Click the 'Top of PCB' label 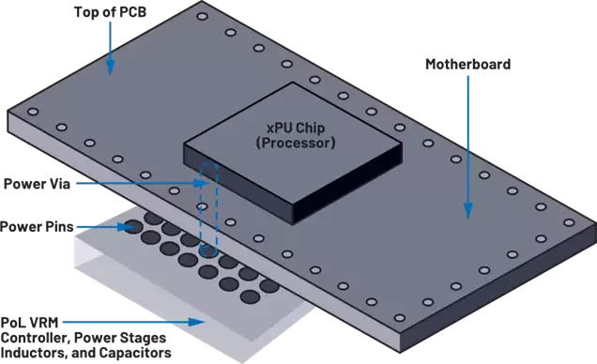coord(110,12)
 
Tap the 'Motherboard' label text coord(467,65)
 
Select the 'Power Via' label coord(37,184)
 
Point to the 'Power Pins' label coord(37,227)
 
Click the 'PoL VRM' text coord(29,323)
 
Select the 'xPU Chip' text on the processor coord(296,128)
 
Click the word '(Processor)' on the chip coord(296,143)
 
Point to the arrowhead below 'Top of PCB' coord(110,68)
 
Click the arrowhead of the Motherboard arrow coord(467,210)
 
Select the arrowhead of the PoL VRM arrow coord(197,322)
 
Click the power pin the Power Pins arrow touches coord(133,227)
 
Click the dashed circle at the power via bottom coord(208,251)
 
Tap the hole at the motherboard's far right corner coord(569,222)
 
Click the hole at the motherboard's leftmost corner coord(33,112)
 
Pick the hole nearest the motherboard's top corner coord(202,16)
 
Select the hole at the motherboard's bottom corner coord(399,318)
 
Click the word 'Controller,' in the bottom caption coord(36,338)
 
